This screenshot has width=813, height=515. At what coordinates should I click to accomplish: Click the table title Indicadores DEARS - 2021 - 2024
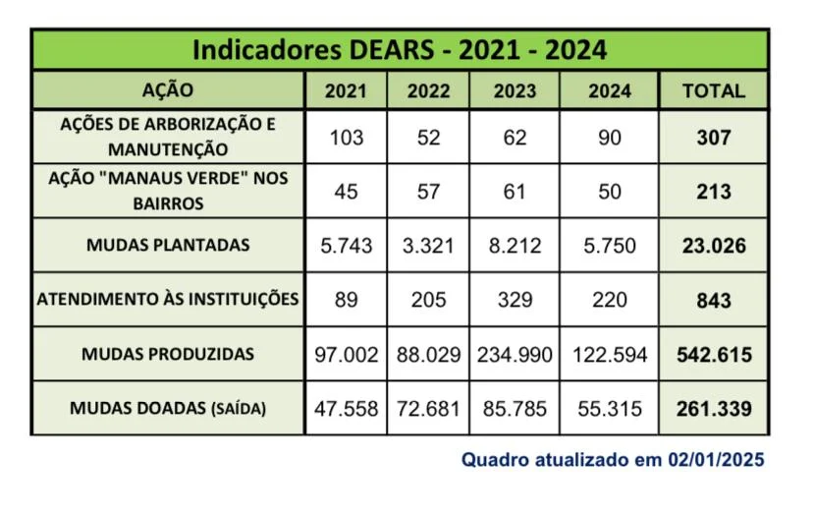399,50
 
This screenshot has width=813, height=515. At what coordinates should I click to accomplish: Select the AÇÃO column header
168,90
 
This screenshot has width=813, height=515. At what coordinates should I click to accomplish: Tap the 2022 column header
428,91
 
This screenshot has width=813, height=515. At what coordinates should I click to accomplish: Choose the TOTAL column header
714,91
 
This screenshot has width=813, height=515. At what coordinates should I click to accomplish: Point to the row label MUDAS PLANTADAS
168,245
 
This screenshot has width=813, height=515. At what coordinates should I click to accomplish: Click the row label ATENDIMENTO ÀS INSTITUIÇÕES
168,299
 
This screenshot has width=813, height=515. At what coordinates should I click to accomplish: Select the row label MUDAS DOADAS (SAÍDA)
168,408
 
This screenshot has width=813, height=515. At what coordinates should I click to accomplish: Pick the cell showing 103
346,138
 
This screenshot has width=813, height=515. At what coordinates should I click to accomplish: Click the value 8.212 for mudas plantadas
515,246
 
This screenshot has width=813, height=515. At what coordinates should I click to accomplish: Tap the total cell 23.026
714,246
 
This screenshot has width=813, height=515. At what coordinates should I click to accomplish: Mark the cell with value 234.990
515,354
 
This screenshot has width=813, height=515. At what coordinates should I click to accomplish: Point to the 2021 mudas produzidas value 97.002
346,354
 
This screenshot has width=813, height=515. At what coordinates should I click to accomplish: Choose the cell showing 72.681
428,408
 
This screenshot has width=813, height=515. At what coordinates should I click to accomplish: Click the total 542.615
714,354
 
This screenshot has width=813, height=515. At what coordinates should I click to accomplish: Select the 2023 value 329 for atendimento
515,300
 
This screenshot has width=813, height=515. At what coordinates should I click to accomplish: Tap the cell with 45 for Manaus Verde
346,192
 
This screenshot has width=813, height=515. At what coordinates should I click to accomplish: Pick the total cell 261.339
714,408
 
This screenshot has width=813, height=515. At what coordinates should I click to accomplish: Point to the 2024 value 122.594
610,354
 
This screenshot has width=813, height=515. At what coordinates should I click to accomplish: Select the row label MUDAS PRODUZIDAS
168,354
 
